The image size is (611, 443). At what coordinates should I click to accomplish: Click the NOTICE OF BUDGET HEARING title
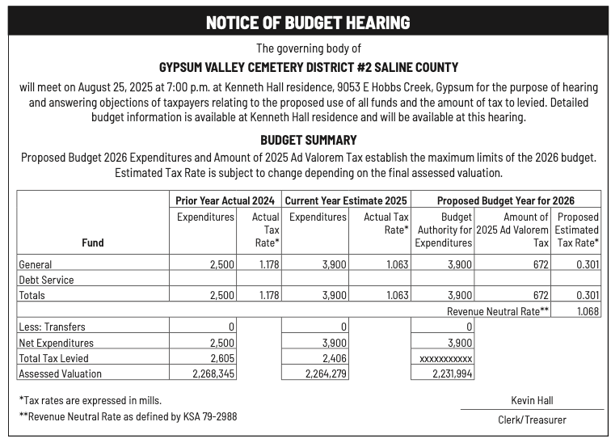click(x=308, y=23)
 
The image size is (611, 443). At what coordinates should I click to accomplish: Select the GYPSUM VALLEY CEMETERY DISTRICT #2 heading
click(x=308, y=67)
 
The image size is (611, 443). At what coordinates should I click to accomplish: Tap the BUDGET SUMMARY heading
click(x=308, y=140)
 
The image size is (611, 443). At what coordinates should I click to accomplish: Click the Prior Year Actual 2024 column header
click(x=225, y=200)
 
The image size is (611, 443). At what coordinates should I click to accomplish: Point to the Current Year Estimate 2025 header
click(x=347, y=200)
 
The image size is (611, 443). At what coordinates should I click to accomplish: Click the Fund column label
click(x=93, y=243)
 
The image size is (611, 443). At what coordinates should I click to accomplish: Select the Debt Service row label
click(x=46, y=280)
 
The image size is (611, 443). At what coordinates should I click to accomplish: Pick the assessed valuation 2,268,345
click(x=213, y=373)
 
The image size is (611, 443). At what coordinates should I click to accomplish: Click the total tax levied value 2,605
click(x=221, y=358)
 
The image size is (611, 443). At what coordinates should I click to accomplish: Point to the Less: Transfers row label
click(x=52, y=327)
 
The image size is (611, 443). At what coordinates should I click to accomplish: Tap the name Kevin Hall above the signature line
click(x=532, y=400)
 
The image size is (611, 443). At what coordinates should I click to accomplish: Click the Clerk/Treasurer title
click(x=532, y=420)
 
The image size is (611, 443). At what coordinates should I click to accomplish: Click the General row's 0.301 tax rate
click(x=587, y=264)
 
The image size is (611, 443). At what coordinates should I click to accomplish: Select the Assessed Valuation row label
click(x=61, y=373)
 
